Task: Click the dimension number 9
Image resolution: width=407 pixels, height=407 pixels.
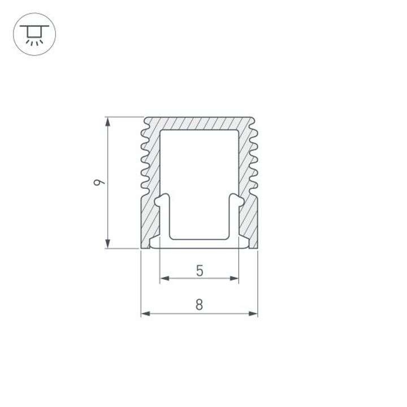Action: point(98,182)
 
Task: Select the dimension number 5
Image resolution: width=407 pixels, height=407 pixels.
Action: point(199,271)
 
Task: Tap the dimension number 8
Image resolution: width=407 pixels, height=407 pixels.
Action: point(199,305)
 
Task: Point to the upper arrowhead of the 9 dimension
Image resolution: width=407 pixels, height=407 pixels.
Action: point(107,122)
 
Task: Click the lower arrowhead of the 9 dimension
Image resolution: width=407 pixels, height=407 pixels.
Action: point(107,244)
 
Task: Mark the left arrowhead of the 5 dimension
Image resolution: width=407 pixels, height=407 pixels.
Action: point(164,278)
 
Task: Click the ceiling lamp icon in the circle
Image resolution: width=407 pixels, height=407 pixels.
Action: point(34,34)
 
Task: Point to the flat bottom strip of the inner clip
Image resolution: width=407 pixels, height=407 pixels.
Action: point(199,244)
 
